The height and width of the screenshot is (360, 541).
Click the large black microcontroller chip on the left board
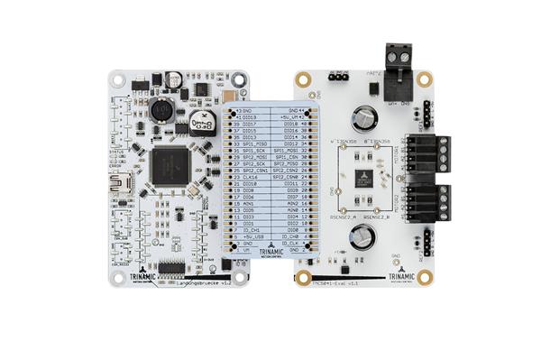[169, 166]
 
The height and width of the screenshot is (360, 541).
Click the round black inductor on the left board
[161, 111]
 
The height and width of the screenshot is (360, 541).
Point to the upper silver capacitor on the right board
[365, 116]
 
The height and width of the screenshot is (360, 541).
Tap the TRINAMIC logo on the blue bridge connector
[270, 254]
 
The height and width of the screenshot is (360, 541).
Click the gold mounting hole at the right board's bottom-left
[304, 277]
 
